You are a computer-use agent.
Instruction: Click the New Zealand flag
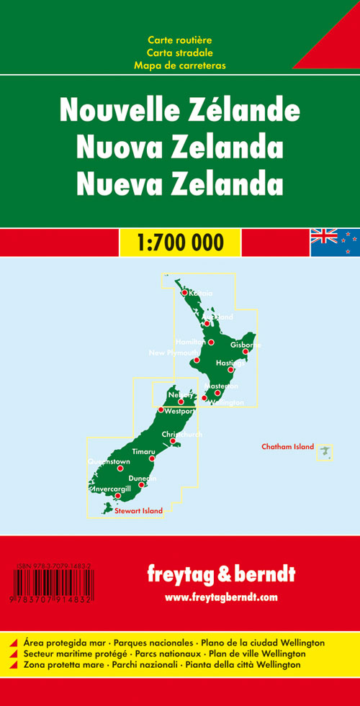pos(335,243)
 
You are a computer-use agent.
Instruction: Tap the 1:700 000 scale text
pos(180,243)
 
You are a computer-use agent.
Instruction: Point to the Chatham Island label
pos(287,447)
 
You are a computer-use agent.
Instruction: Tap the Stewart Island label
pos(138,511)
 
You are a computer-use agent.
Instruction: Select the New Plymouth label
pos(172,353)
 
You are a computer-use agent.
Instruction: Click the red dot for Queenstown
pos(120,469)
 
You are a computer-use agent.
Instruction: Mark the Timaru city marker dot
pos(151,458)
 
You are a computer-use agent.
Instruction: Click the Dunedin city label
pos(142,479)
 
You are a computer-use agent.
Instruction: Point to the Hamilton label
pos(190,341)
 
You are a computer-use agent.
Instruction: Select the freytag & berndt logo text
pos(220,574)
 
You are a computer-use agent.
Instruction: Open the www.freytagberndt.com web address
pos(220,597)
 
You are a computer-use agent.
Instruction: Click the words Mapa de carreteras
pos(179,65)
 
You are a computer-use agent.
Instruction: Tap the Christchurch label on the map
pos(181,435)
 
